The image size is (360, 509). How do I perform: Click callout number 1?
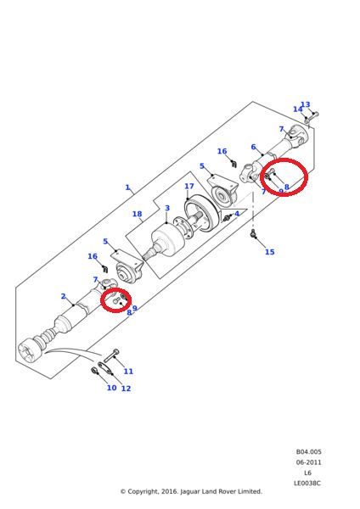(128, 187)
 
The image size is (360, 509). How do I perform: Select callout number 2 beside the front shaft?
(63, 296)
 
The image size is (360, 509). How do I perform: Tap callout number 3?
(167, 208)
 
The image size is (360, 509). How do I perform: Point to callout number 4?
(237, 214)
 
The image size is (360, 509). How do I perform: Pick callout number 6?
(253, 147)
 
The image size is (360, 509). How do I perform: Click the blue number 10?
(110, 388)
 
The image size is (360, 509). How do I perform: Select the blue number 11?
(128, 371)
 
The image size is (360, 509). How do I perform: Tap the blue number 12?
(126, 389)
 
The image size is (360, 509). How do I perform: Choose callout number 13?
(305, 105)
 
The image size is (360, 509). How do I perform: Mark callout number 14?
(297, 109)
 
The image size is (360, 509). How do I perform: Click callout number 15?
(269, 252)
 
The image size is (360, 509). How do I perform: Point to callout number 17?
(189, 187)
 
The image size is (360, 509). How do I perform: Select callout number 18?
(137, 215)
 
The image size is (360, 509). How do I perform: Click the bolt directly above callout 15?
(253, 233)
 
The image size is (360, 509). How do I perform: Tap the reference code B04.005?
(308, 451)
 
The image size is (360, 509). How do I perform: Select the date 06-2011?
(308, 462)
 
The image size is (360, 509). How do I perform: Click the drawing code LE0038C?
(308, 483)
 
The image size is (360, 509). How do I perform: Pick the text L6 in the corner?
(308, 473)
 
